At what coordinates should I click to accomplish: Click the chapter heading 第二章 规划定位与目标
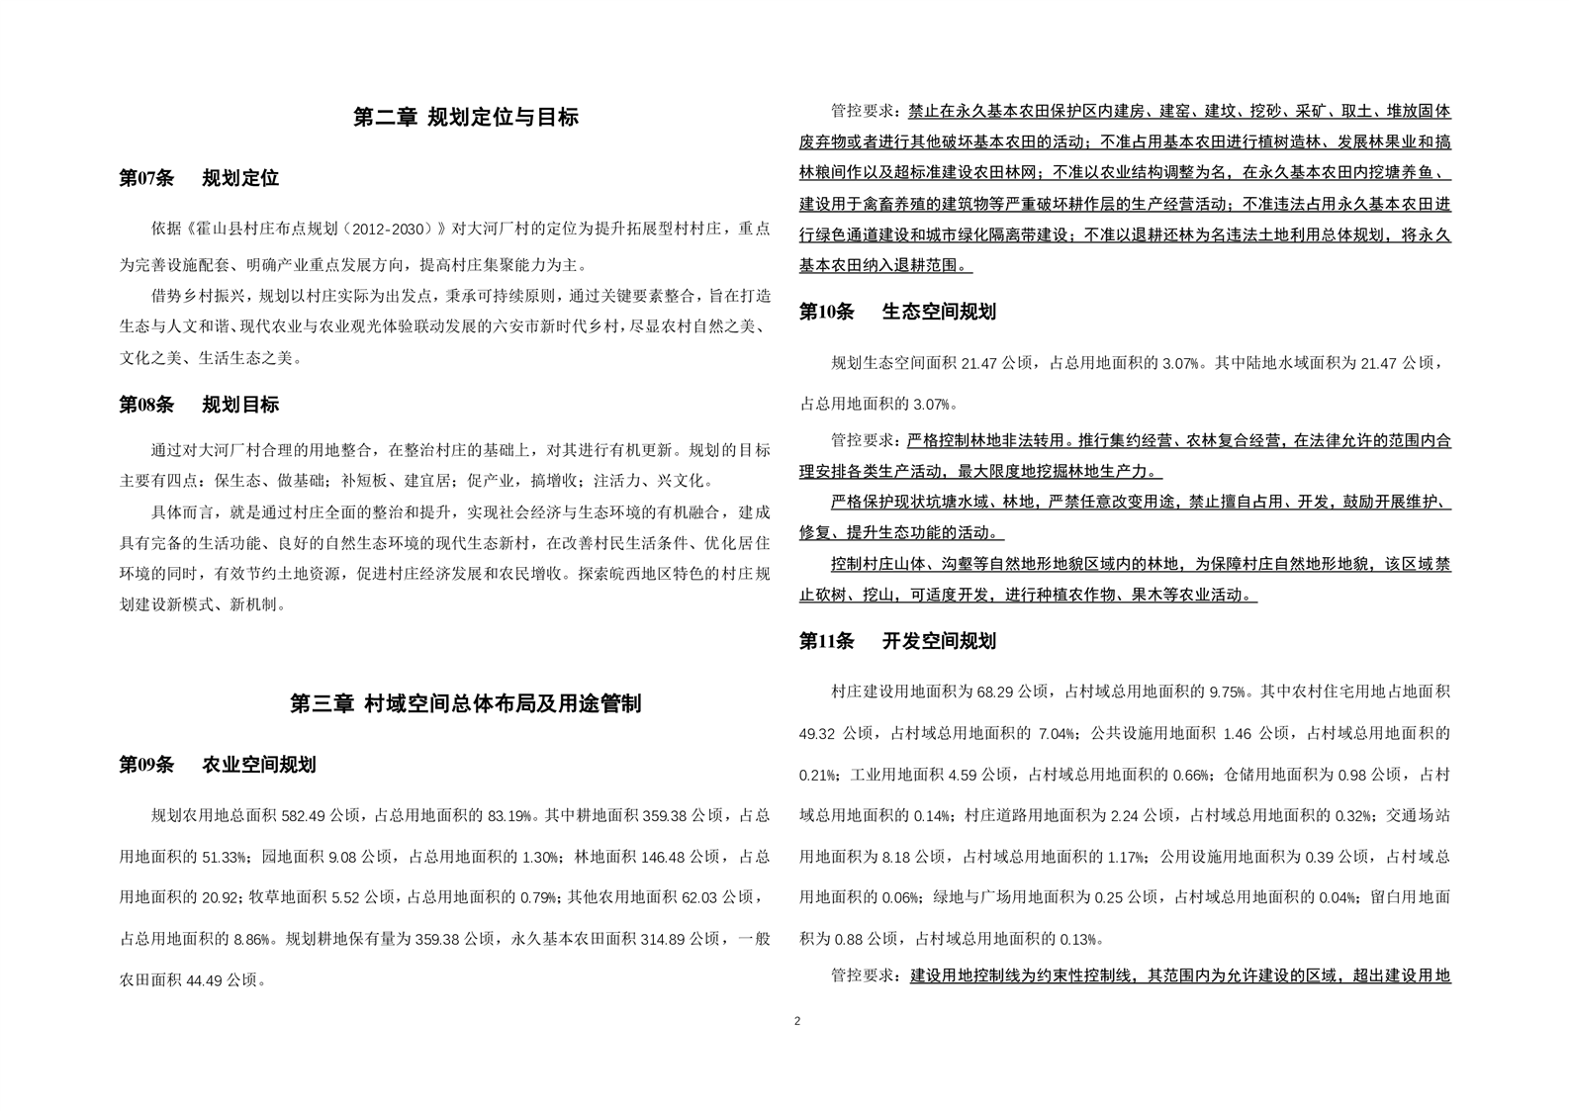click(465, 118)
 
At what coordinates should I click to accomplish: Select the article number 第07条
click(146, 179)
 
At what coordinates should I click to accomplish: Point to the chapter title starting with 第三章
click(465, 703)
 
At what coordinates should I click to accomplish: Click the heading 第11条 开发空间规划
click(897, 642)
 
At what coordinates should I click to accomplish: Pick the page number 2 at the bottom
click(797, 1021)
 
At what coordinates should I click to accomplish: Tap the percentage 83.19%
click(509, 817)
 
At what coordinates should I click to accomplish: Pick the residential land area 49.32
click(819, 734)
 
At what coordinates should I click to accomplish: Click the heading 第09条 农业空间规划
click(218, 766)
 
